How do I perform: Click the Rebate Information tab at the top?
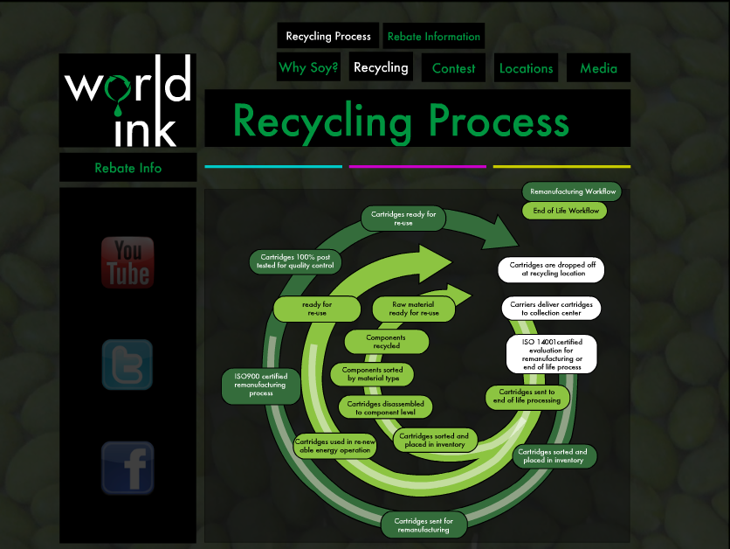click(x=433, y=37)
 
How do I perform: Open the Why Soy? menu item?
click(x=308, y=67)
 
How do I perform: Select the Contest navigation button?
click(x=453, y=68)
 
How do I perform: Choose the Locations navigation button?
click(x=526, y=68)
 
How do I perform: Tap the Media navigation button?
click(x=598, y=68)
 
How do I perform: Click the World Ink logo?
click(x=127, y=101)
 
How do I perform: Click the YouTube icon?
click(x=127, y=262)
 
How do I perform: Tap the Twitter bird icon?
click(x=127, y=365)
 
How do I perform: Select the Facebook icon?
click(x=127, y=468)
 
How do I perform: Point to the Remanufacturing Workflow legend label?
click(x=573, y=191)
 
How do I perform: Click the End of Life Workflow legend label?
click(x=565, y=211)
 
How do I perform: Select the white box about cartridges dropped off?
click(x=552, y=269)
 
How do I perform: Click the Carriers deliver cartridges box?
click(x=550, y=308)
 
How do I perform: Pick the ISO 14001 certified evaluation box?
click(x=552, y=353)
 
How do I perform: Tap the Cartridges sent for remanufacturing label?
click(x=424, y=525)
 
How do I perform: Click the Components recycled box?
click(x=386, y=342)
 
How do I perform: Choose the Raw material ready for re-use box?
click(x=414, y=309)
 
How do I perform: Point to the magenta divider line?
click(x=417, y=166)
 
